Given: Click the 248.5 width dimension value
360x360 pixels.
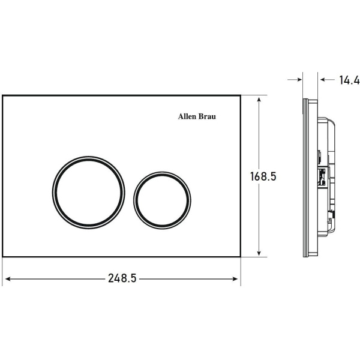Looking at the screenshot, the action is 122,278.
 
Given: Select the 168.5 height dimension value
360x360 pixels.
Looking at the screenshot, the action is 263,176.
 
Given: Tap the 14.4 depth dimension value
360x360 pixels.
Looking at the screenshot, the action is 349,80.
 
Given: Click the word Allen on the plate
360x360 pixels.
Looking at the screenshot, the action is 187,116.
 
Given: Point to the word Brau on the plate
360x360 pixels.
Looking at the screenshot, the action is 207,116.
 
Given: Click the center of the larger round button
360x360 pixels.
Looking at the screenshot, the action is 88,193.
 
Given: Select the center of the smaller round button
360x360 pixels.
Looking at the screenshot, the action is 162,200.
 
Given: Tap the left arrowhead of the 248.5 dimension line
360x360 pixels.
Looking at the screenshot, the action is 8,279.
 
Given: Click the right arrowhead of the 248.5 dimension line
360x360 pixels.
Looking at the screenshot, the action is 235,279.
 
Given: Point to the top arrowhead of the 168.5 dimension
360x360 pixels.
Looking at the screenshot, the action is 259,100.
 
